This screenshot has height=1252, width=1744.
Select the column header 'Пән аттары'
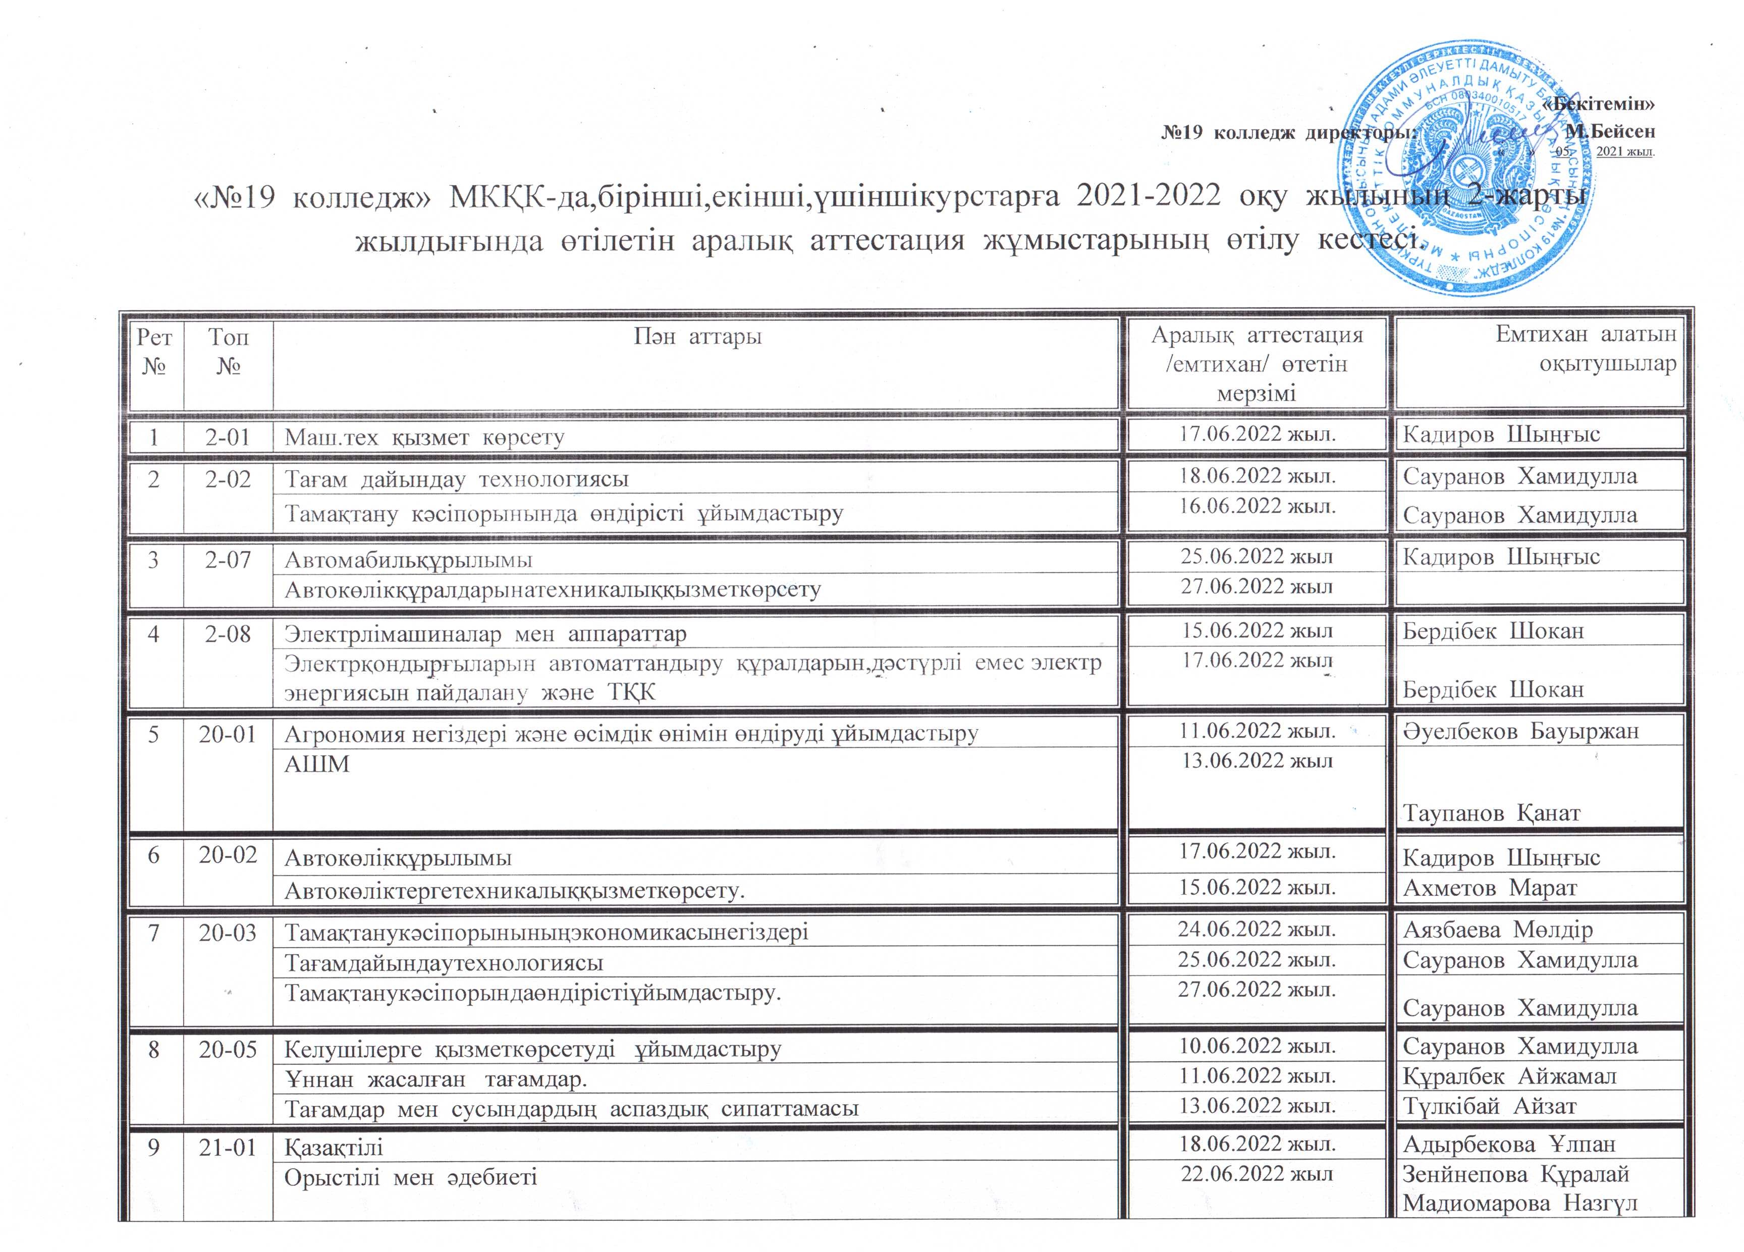click(697, 337)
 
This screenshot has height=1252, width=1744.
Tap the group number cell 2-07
click(229, 559)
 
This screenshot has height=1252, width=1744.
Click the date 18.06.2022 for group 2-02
click(1257, 476)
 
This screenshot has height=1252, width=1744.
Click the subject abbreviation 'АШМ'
click(317, 764)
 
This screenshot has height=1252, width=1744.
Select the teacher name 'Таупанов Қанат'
click(1492, 813)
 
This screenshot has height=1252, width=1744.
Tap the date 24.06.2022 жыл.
click(1257, 930)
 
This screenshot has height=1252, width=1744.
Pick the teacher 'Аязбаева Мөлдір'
click(1498, 930)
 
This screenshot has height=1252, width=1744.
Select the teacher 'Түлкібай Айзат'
click(1490, 1107)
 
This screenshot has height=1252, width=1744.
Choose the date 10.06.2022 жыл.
click(1257, 1046)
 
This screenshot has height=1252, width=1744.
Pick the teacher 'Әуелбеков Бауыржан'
click(1521, 731)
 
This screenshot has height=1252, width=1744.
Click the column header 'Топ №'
click(229, 350)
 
